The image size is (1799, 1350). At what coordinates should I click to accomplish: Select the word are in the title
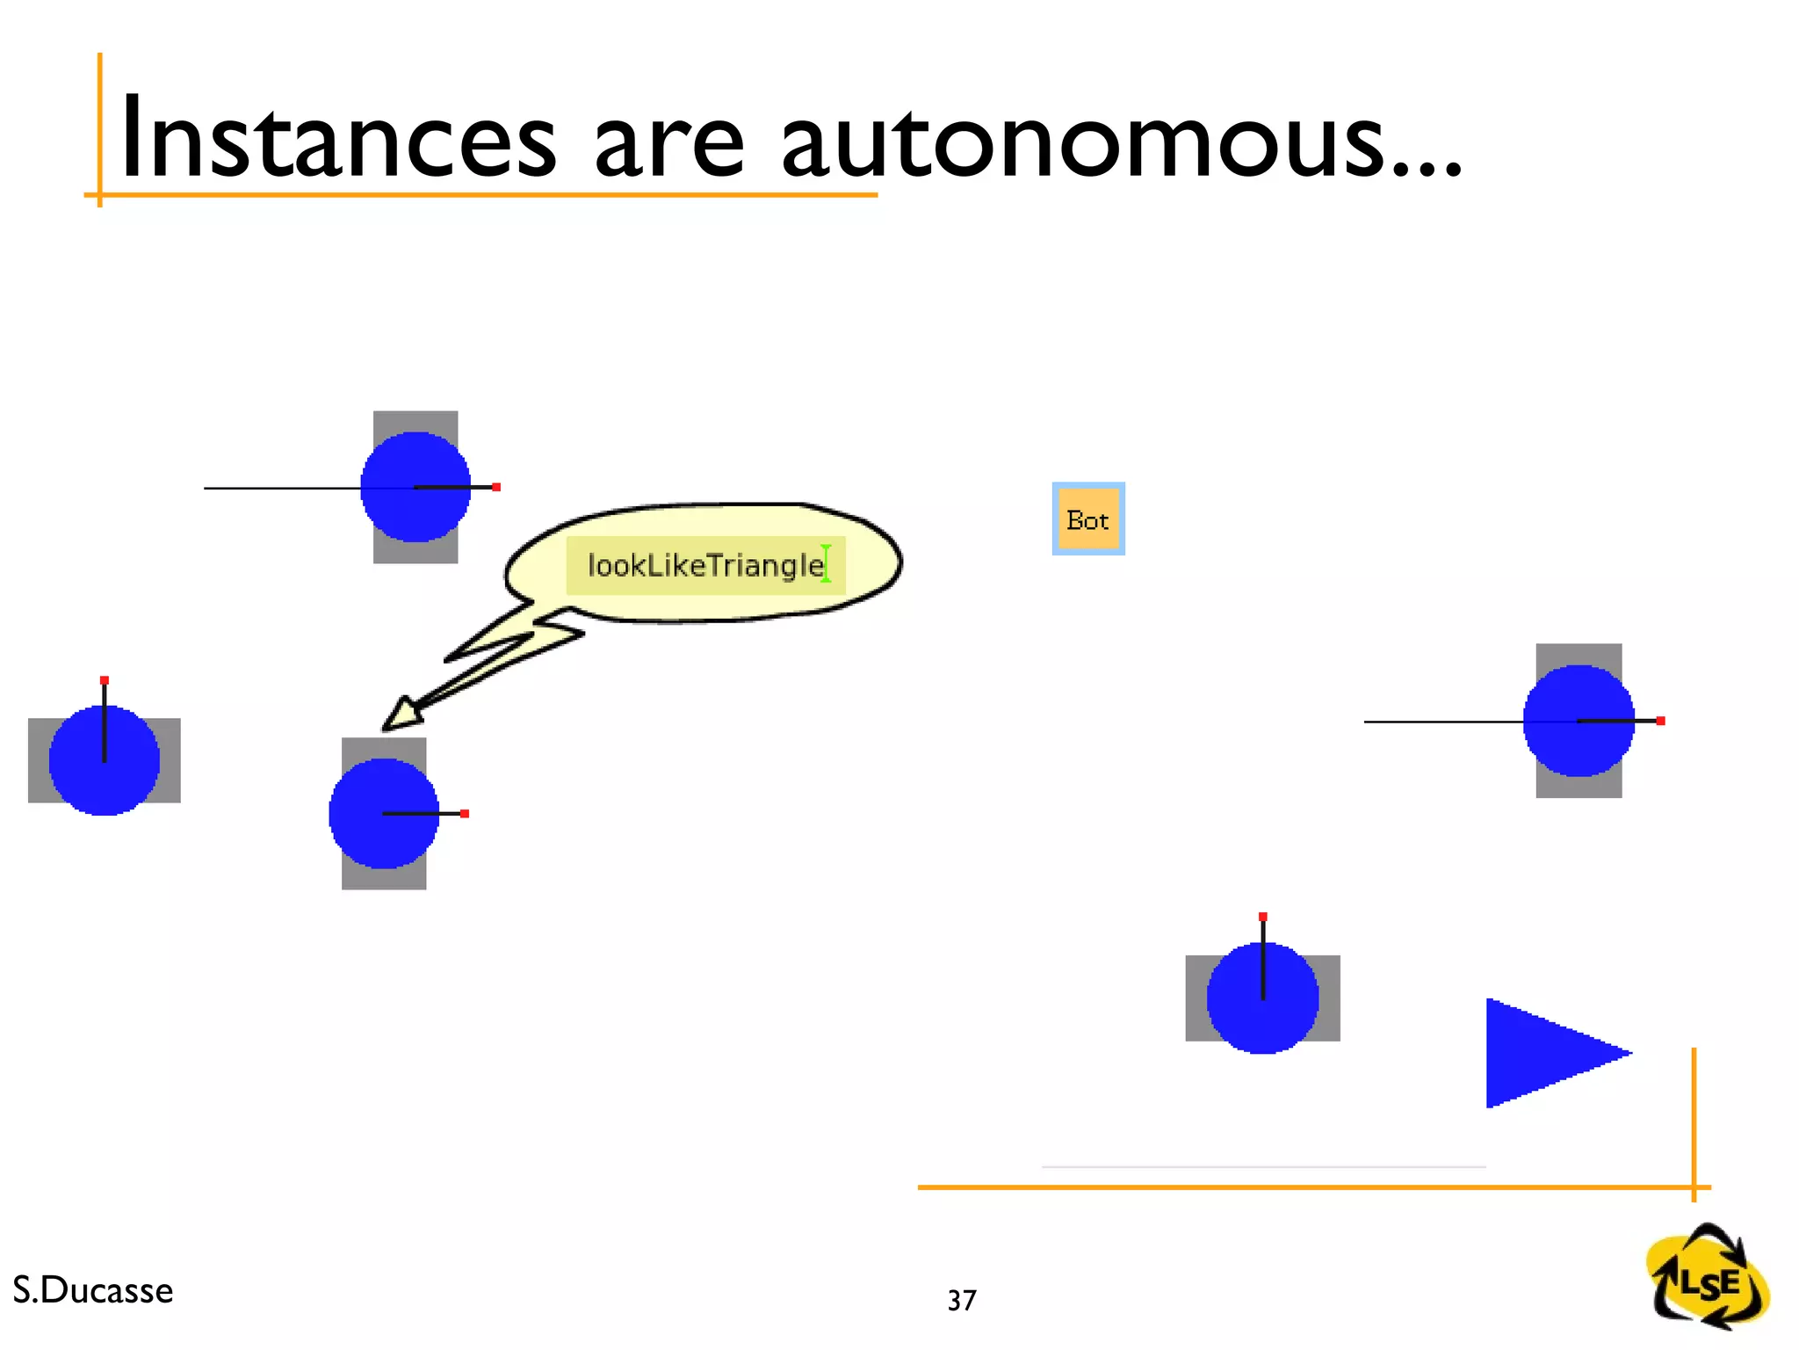point(668,145)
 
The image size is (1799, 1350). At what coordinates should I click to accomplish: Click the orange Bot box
point(1088,519)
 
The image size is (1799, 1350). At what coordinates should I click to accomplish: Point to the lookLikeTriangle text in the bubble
point(704,565)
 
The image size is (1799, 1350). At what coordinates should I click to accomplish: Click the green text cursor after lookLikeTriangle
point(826,563)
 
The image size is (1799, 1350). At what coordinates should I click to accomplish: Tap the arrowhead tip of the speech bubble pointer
point(387,726)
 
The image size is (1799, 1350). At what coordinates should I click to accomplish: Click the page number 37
point(962,1301)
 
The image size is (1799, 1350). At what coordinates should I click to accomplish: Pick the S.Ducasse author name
point(93,1290)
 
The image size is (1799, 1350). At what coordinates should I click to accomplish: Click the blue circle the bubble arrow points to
point(384,813)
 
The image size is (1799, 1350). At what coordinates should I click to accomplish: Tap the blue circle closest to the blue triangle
point(1262,998)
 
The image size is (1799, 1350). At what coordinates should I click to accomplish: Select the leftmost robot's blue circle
point(104,761)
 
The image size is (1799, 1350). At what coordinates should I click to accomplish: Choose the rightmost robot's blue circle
point(1579,721)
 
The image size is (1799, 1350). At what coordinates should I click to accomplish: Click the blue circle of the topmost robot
point(415,487)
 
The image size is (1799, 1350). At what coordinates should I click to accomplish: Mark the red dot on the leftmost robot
point(105,680)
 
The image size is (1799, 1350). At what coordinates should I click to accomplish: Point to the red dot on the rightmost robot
point(1660,721)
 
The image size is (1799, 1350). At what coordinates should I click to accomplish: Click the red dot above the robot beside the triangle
point(1263,917)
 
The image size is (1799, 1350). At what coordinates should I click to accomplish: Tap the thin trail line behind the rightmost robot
point(1441,722)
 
